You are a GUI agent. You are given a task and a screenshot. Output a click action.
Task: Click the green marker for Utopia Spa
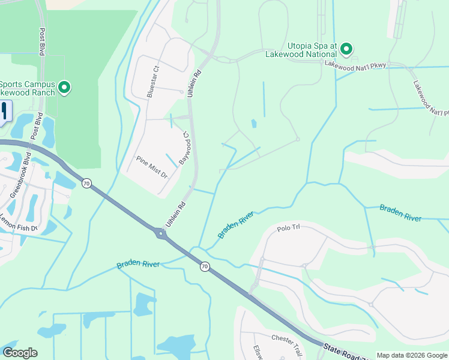(x=346, y=49)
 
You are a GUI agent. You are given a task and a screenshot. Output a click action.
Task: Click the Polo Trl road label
(x=288, y=229)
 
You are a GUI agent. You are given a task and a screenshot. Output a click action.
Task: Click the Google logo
(x=20, y=353)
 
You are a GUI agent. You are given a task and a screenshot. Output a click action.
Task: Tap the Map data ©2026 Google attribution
(x=411, y=355)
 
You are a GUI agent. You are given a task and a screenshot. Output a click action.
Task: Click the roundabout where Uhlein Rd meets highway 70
(x=161, y=233)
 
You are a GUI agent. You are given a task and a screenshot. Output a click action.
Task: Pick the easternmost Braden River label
(x=400, y=212)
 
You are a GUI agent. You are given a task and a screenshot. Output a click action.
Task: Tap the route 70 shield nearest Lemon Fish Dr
(x=87, y=183)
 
